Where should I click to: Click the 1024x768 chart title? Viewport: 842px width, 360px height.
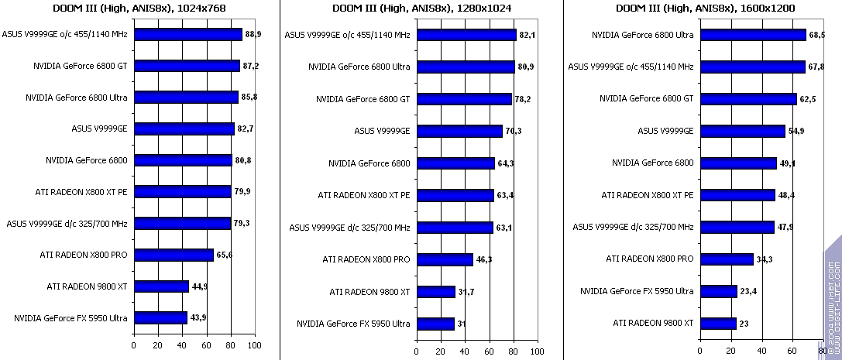click(x=139, y=8)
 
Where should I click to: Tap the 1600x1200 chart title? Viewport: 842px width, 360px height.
click(x=704, y=8)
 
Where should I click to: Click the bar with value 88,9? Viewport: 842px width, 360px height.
click(x=187, y=35)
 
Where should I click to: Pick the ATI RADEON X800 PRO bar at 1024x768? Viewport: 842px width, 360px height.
click(x=174, y=255)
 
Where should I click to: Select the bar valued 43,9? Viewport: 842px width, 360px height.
click(x=160, y=317)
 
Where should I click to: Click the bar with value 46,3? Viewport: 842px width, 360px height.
click(x=445, y=259)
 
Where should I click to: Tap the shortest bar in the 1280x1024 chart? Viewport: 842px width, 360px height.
click(x=435, y=324)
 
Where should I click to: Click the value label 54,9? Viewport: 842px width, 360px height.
click(x=796, y=131)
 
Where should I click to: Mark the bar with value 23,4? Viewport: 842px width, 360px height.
click(x=718, y=291)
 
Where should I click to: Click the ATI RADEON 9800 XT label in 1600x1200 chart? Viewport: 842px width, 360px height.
click(x=653, y=323)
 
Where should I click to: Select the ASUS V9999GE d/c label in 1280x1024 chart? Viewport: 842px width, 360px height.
click(x=349, y=228)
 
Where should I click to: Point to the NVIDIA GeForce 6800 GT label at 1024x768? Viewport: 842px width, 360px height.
click(x=81, y=67)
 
